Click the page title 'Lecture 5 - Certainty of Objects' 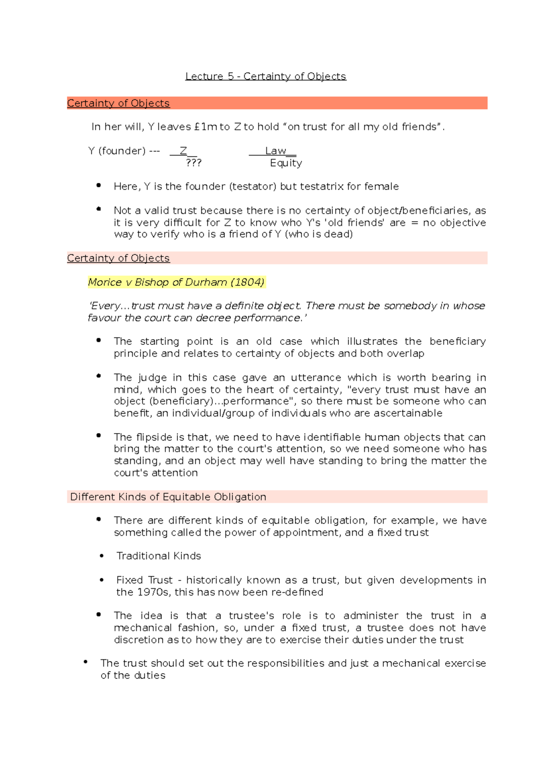265,76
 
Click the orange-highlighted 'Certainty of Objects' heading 118,103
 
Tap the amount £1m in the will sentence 205,127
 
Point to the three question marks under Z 193,163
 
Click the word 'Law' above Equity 276,151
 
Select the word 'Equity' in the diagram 286,163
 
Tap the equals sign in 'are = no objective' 414,223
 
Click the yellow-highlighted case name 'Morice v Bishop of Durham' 158,282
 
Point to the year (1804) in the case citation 247,282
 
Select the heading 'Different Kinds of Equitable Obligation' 168,497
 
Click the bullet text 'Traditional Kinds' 158,556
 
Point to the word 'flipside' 155,437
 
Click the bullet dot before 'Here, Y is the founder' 98,186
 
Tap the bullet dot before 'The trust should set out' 85,662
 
